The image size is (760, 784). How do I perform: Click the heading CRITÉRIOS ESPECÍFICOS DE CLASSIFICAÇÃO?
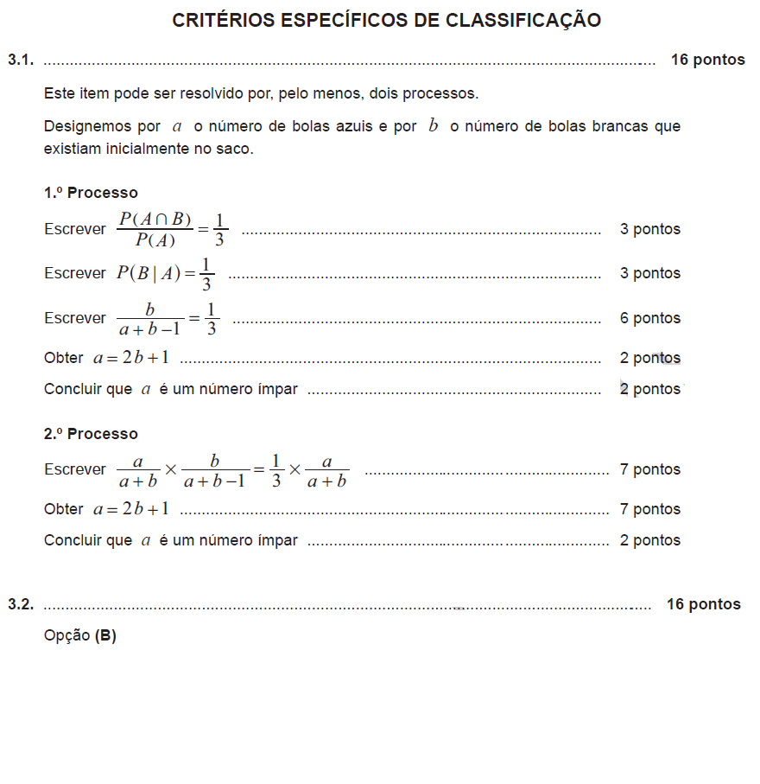(386, 21)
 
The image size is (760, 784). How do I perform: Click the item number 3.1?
(21, 60)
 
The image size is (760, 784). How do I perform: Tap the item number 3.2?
(21, 604)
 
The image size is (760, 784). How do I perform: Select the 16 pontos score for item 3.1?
(707, 60)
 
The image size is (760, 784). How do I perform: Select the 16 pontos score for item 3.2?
(703, 604)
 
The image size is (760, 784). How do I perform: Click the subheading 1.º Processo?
(91, 193)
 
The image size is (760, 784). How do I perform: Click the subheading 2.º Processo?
(91, 434)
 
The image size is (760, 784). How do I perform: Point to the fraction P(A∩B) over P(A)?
(155, 229)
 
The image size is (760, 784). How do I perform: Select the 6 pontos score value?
(649, 318)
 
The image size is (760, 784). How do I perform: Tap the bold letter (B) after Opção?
(105, 636)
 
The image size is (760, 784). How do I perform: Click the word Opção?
(66, 636)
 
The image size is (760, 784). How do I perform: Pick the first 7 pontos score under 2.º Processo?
(649, 469)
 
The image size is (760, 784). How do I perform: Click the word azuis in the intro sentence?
(356, 127)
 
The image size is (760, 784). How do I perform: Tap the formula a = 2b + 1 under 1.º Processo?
(131, 358)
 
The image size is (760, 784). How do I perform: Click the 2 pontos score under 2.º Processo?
(649, 540)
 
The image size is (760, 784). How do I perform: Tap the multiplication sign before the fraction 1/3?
(294, 469)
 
